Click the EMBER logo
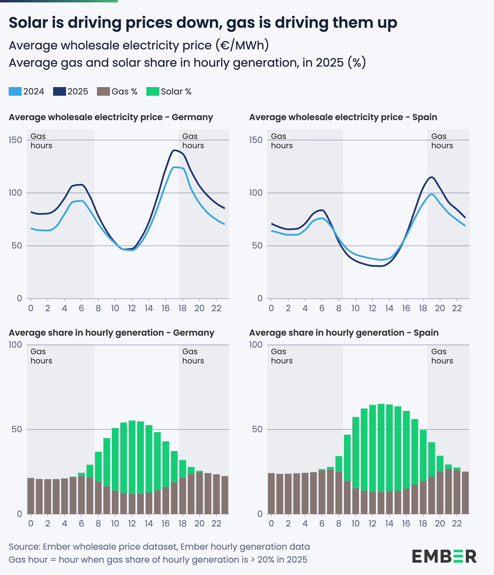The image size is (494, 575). point(444,556)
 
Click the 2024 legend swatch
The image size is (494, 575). point(15,92)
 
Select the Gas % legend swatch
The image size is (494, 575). point(103,92)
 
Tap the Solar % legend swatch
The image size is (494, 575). point(153,92)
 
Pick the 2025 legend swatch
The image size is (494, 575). point(59,92)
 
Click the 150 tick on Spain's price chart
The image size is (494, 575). point(256,140)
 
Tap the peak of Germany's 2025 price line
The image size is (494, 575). point(174,150)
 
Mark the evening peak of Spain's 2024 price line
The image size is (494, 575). point(431,194)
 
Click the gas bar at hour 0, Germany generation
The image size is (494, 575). point(31,496)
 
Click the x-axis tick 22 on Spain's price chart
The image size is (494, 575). point(457,308)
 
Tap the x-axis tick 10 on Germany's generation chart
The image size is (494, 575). point(115,523)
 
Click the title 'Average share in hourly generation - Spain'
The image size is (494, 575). point(344,333)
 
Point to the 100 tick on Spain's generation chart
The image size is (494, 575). point(256,345)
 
